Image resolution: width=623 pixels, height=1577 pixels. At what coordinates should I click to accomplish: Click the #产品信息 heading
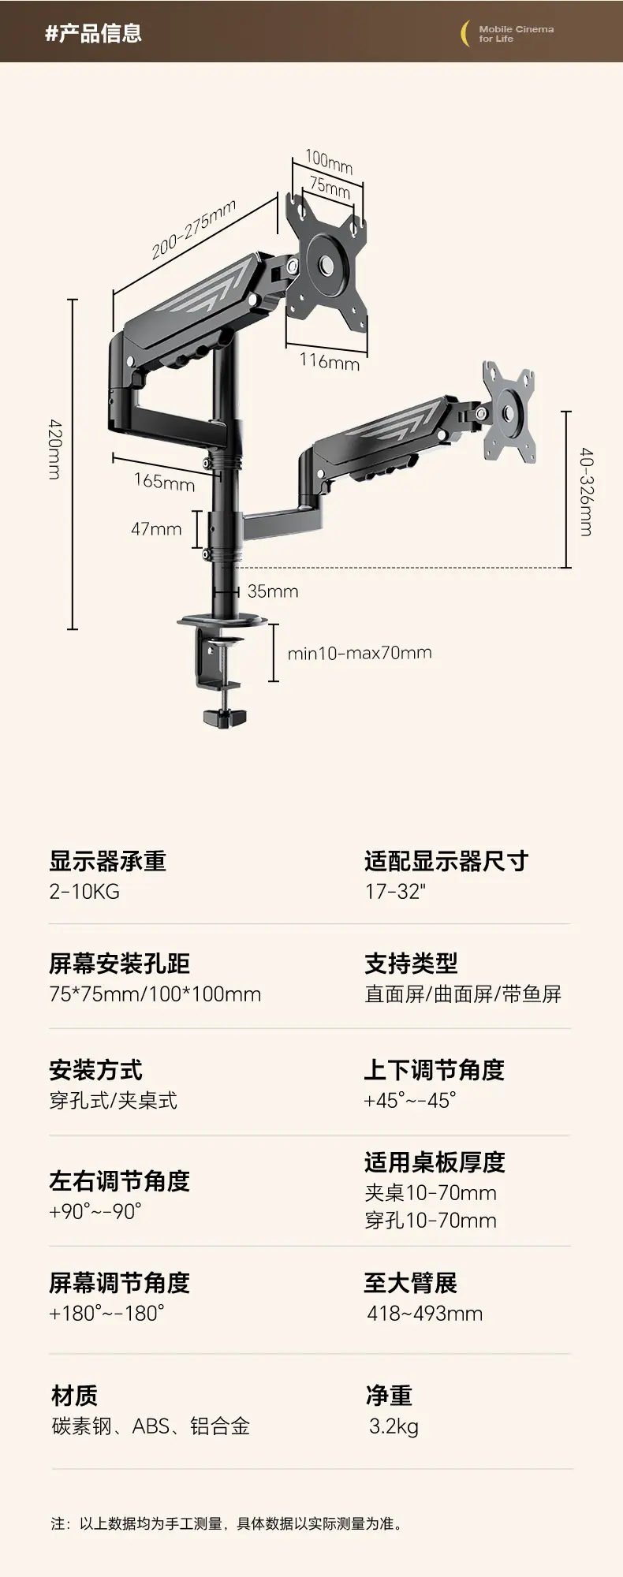[x=93, y=33]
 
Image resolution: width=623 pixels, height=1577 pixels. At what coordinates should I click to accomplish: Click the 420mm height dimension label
[x=54, y=449]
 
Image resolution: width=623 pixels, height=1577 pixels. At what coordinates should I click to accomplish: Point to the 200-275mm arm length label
[x=194, y=229]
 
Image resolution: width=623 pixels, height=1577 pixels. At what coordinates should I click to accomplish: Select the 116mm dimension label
[x=330, y=361]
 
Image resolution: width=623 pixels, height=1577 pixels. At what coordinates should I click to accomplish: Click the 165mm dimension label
[x=164, y=481]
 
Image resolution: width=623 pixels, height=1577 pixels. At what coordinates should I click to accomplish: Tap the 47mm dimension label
[x=156, y=529]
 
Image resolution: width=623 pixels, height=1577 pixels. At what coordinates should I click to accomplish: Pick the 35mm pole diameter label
[x=273, y=591]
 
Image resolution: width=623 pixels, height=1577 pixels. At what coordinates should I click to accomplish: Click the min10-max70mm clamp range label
[x=360, y=653]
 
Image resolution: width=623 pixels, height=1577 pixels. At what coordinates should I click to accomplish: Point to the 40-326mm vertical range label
[x=586, y=492]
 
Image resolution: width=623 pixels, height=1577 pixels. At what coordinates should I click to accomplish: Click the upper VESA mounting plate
[x=326, y=267]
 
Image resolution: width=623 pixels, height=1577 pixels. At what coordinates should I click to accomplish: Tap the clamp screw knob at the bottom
[x=225, y=718]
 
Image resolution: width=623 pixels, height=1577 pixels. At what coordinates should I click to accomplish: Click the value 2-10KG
[x=84, y=892]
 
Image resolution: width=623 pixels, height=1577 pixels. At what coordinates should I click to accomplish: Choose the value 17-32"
[x=395, y=892]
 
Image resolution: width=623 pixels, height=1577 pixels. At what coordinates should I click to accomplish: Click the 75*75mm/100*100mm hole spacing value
[x=155, y=994]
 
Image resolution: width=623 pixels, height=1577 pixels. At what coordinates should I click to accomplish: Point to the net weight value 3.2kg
[x=394, y=1426]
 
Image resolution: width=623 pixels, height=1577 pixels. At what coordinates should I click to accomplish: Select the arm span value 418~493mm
[x=425, y=1314]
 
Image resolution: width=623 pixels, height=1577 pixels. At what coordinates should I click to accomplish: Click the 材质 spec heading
[x=75, y=1395]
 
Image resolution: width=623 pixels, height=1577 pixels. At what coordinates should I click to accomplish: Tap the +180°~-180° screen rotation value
[x=107, y=1313]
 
